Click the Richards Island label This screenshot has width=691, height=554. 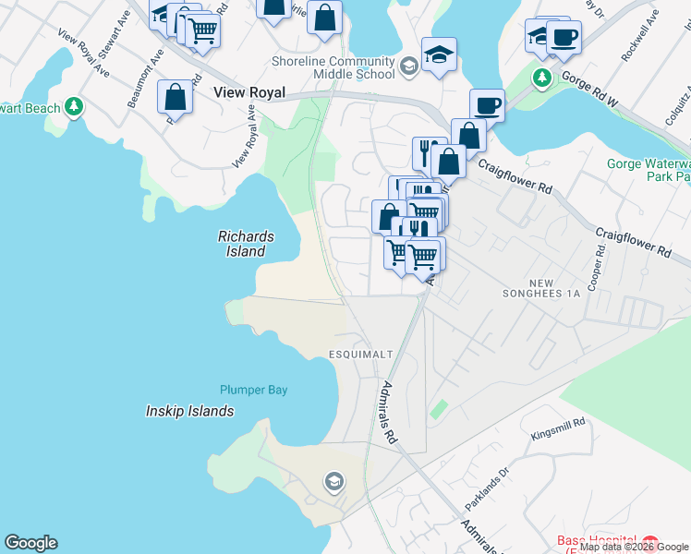point(241,244)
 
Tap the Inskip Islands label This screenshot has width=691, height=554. point(190,411)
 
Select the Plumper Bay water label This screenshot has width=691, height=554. point(254,390)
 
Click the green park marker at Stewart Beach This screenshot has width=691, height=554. point(73,107)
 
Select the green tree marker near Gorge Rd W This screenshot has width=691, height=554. point(542,76)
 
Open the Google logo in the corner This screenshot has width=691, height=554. point(30,543)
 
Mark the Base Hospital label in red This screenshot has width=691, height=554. point(596,541)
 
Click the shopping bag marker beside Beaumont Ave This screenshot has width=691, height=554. point(175,97)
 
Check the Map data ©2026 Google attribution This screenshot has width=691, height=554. point(635,547)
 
